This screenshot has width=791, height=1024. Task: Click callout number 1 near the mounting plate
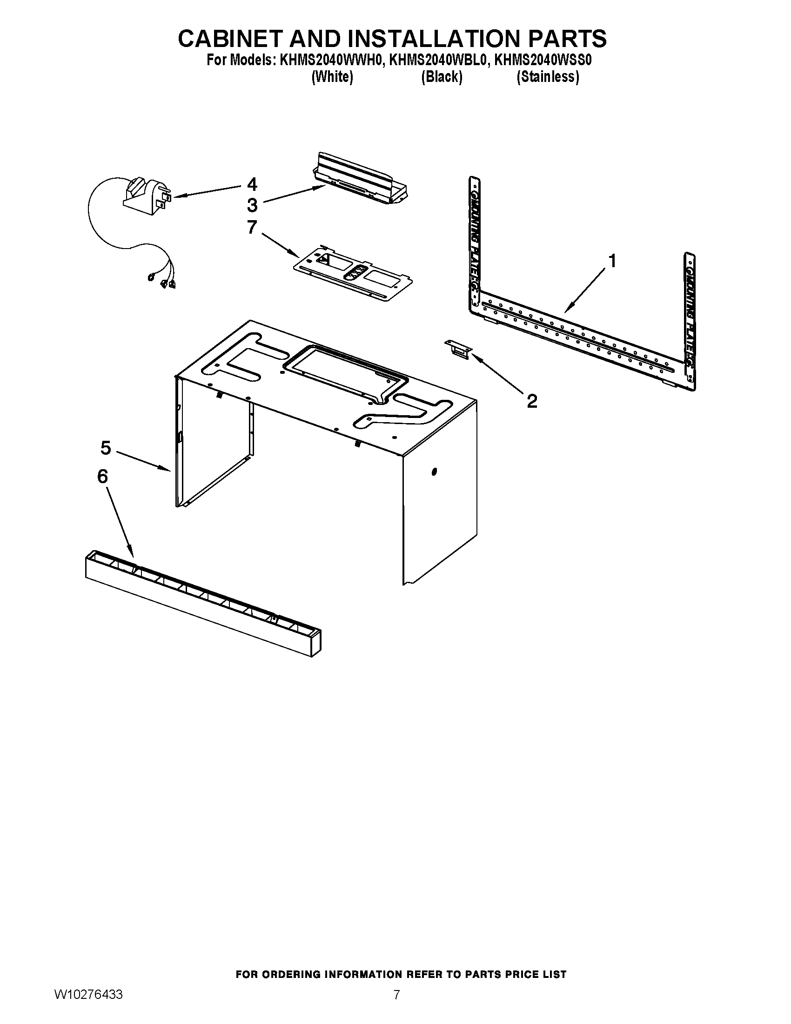coord(611,261)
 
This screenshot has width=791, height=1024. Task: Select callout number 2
coord(531,401)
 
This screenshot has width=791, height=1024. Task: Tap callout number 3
coord(252,205)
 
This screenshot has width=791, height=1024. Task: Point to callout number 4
coord(252,184)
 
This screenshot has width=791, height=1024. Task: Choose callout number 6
coord(102,476)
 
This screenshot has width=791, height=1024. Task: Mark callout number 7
coord(252,228)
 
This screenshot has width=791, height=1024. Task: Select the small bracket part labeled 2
coord(457,350)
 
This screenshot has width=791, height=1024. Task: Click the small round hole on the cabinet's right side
coord(434,471)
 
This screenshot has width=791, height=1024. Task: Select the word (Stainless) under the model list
coord(547,77)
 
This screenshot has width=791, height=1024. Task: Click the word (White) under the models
coord(332,77)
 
